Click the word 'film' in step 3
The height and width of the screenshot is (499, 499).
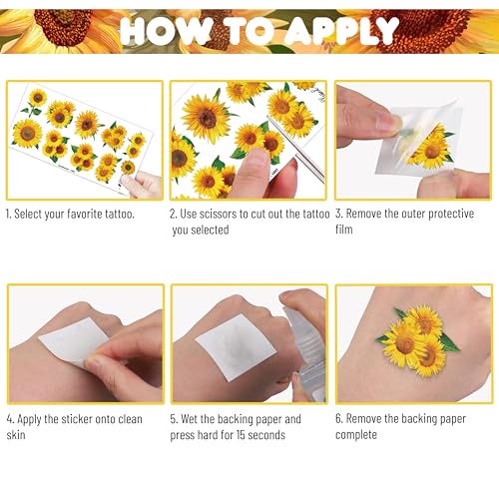[343, 230]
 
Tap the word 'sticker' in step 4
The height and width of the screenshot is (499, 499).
[77, 419]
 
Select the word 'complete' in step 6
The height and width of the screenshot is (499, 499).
[356, 435]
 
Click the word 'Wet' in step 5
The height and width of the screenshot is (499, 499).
[190, 419]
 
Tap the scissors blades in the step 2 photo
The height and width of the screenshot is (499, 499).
[296, 149]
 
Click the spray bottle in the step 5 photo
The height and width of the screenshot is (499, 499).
[304, 352]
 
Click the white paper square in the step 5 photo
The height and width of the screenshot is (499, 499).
[237, 347]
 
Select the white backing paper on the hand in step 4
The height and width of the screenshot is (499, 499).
[73, 340]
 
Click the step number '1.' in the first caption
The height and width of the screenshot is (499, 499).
[9, 214]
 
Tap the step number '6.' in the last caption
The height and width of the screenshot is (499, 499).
[339, 419]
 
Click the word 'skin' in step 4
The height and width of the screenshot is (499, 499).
[16, 435]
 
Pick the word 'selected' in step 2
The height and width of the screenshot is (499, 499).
[210, 230]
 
